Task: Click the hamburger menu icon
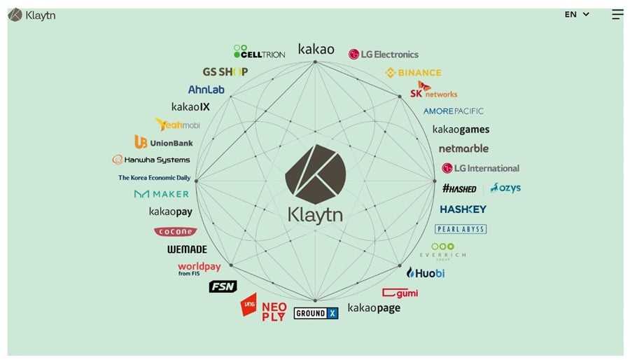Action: pyautogui.click(x=617, y=15)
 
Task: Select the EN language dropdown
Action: pyautogui.click(x=577, y=15)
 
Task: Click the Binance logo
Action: pyautogui.click(x=413, y=73)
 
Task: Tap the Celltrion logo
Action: pyautogui.click(x=259, y=52)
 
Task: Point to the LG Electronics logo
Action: pyautogui.click(x=384, y=55)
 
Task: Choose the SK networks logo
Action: pyautogui.click(x=433, y=90)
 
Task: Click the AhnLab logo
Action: pyautogui.click(x=206, y=90)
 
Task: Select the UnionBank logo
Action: pyautogui.click(x=164, y=142)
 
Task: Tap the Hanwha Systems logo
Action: pyautogui.click(x=151, y=160)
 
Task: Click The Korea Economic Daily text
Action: pyautogui.click(x=154, y=178)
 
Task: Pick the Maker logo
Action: pyautogui.click(x=162, y=194)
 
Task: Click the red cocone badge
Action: pyautogui.click(x=175, y=231)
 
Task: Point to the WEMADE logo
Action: pyautogui.click(x=187, y=249)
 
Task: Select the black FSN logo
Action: pyautogui.click(x=223, y=286)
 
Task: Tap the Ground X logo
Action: pyautogui.click(x=316, y=313)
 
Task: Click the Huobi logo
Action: pyautogui.click(x=426, y=272)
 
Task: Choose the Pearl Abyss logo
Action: pyautogui.click(x=460, y=229)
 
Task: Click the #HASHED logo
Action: pyautogui.click(x=459, y=188)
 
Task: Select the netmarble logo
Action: pyautogui.click(x=463, y=148)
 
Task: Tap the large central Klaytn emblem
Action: pyautogui.click(x=315, y=174)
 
